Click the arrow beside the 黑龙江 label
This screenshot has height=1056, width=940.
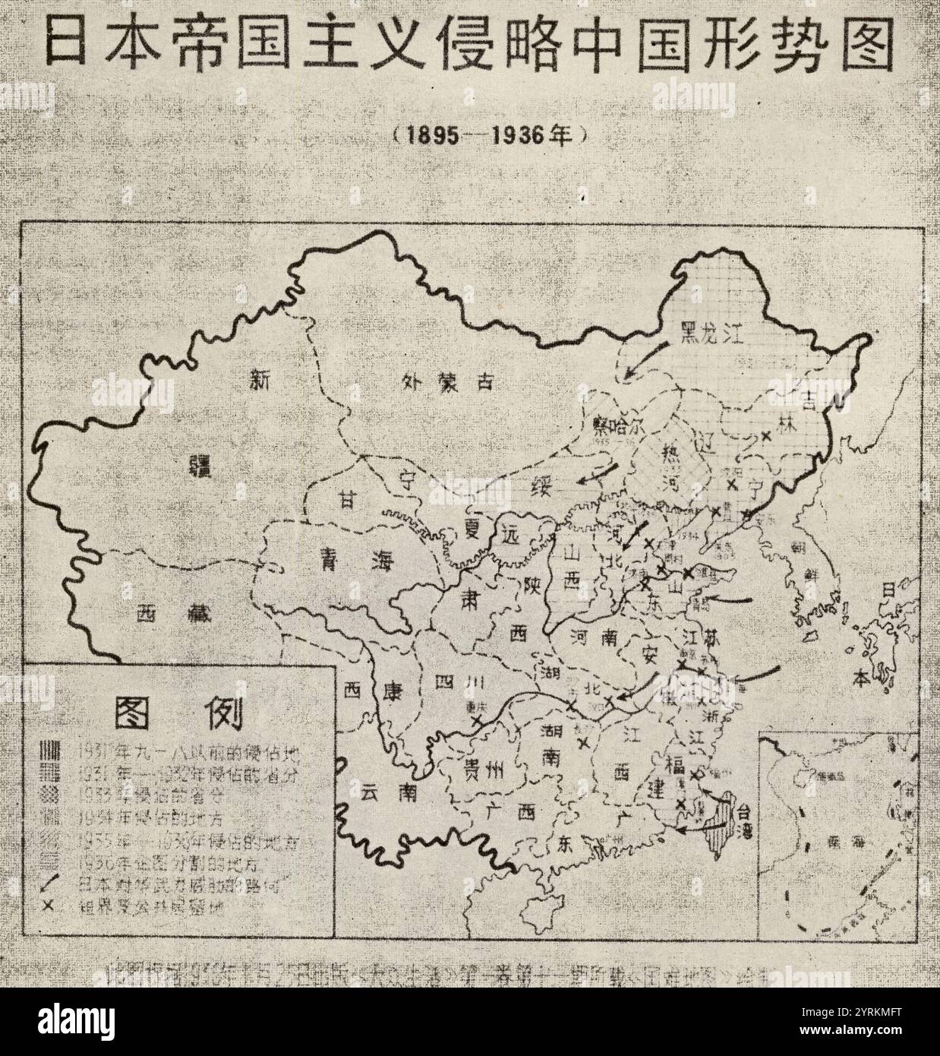645,359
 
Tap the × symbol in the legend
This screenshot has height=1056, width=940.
50,906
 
